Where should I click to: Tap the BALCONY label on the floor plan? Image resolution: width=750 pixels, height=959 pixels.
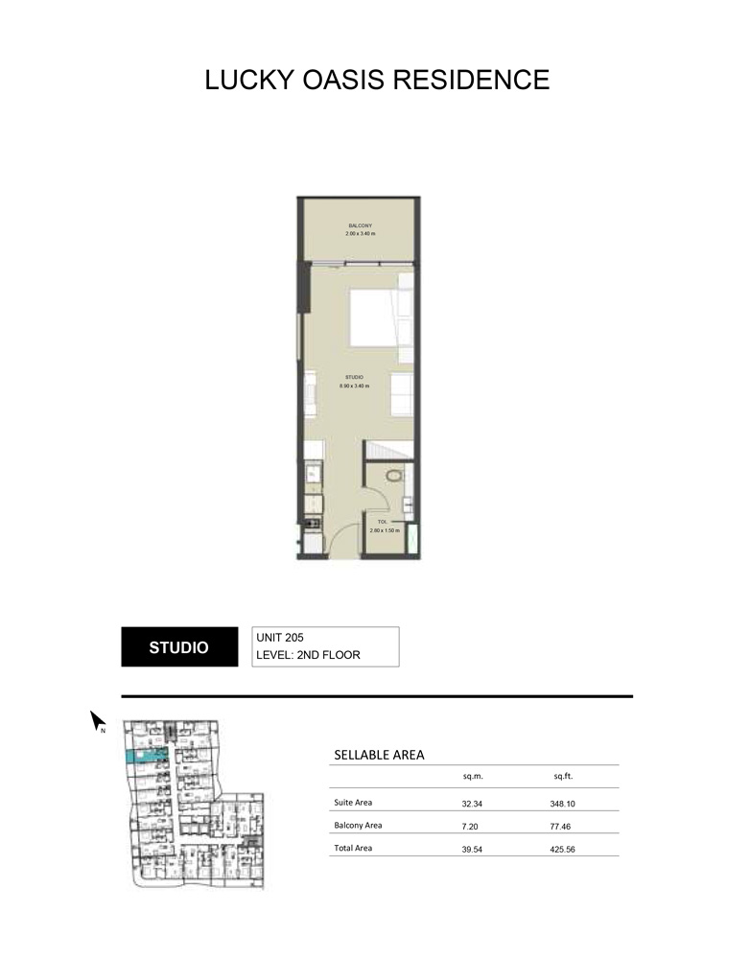click(x=361, y=225)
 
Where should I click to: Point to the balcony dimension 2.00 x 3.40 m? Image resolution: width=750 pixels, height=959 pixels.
click(x=361, y=233)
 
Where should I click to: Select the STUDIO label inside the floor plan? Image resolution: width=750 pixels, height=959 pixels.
click(x=353, y=378)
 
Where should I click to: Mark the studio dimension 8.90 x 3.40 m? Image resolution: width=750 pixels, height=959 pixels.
click(x=354, y=386)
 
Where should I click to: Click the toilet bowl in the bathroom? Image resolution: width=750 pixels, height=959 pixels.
click(x=393, y=476)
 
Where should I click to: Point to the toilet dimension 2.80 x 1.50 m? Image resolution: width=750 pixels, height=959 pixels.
click(x=384, y=529)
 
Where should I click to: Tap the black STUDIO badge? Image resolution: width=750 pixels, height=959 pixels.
click(x=178, y=647)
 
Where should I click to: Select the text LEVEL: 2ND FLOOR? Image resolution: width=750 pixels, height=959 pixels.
click(x=314, y=657)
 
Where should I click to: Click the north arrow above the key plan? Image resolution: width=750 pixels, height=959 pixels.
click(x=97, y=719)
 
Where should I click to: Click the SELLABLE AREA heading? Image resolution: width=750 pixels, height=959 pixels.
click(x=379, y=755)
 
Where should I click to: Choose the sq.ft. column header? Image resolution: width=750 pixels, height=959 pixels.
click(x=563, y=776)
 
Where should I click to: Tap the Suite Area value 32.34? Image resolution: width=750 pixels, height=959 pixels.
click(x=473, y=802)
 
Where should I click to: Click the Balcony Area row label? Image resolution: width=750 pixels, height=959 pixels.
click(x=360, y=825)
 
